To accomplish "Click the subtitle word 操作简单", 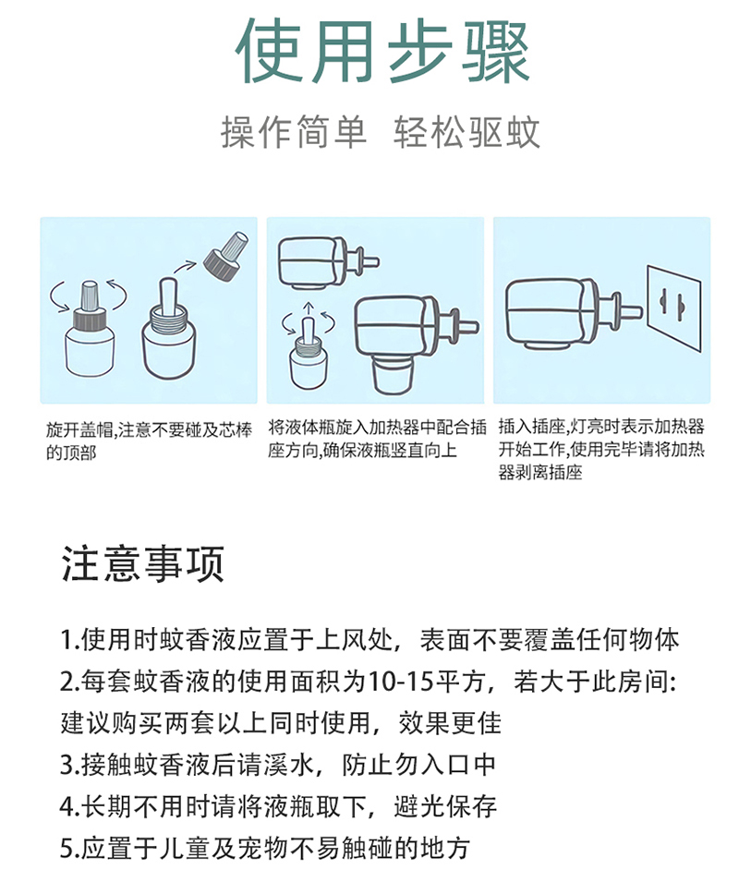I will [293, 133].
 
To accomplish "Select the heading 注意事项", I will [143, 564].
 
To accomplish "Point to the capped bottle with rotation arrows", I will [90, 332].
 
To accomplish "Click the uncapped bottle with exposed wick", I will [170, 332].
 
